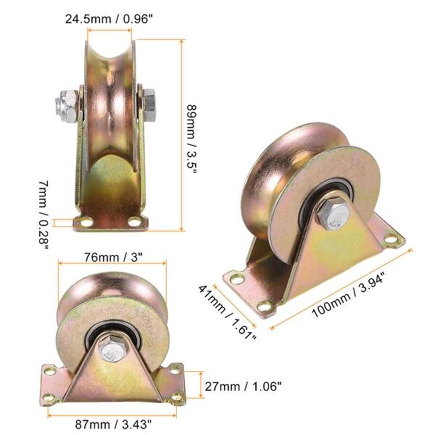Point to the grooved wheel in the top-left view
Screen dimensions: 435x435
click(112, 94)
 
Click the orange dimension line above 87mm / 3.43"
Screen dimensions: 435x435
click(112, 416)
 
